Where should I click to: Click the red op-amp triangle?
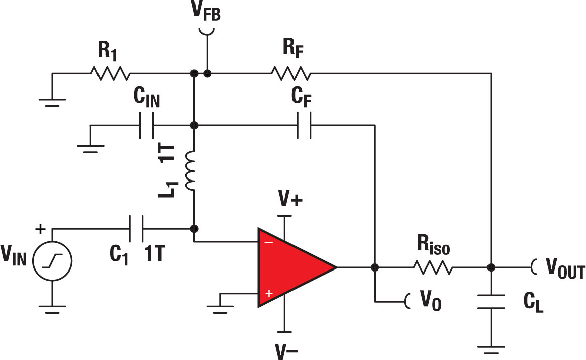(x=289, y=267)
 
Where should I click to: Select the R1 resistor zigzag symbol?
(x=110, y=74)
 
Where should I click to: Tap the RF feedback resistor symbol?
(x=291, y=74)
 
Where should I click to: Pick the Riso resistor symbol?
(x=433, y=267)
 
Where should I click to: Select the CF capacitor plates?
(x=304, y=125)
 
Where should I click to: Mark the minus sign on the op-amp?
(x=269, y=242)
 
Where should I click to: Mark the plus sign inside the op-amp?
(x=269, y=293)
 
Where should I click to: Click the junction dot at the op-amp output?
(x=375, y=267)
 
